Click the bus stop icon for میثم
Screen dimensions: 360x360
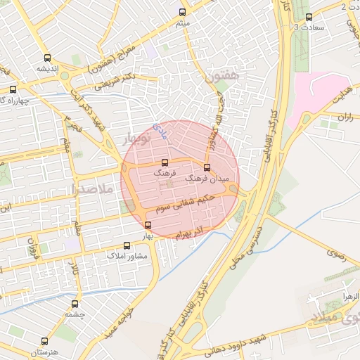pos(183,12)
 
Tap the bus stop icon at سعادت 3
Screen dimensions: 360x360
pos(309,17)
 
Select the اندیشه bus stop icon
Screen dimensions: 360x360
pos(47,58)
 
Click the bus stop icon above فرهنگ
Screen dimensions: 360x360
pos(165,162)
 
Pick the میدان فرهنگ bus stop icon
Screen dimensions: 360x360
pos(206,168)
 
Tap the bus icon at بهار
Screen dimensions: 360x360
pos(148,225)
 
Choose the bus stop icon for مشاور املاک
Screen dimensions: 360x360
pos(127,246)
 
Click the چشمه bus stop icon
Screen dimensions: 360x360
pos(75,304)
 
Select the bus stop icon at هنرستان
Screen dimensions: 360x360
pos(47,340)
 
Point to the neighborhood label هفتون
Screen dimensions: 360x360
pos(224,73)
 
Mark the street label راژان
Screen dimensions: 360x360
pos(345,117)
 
